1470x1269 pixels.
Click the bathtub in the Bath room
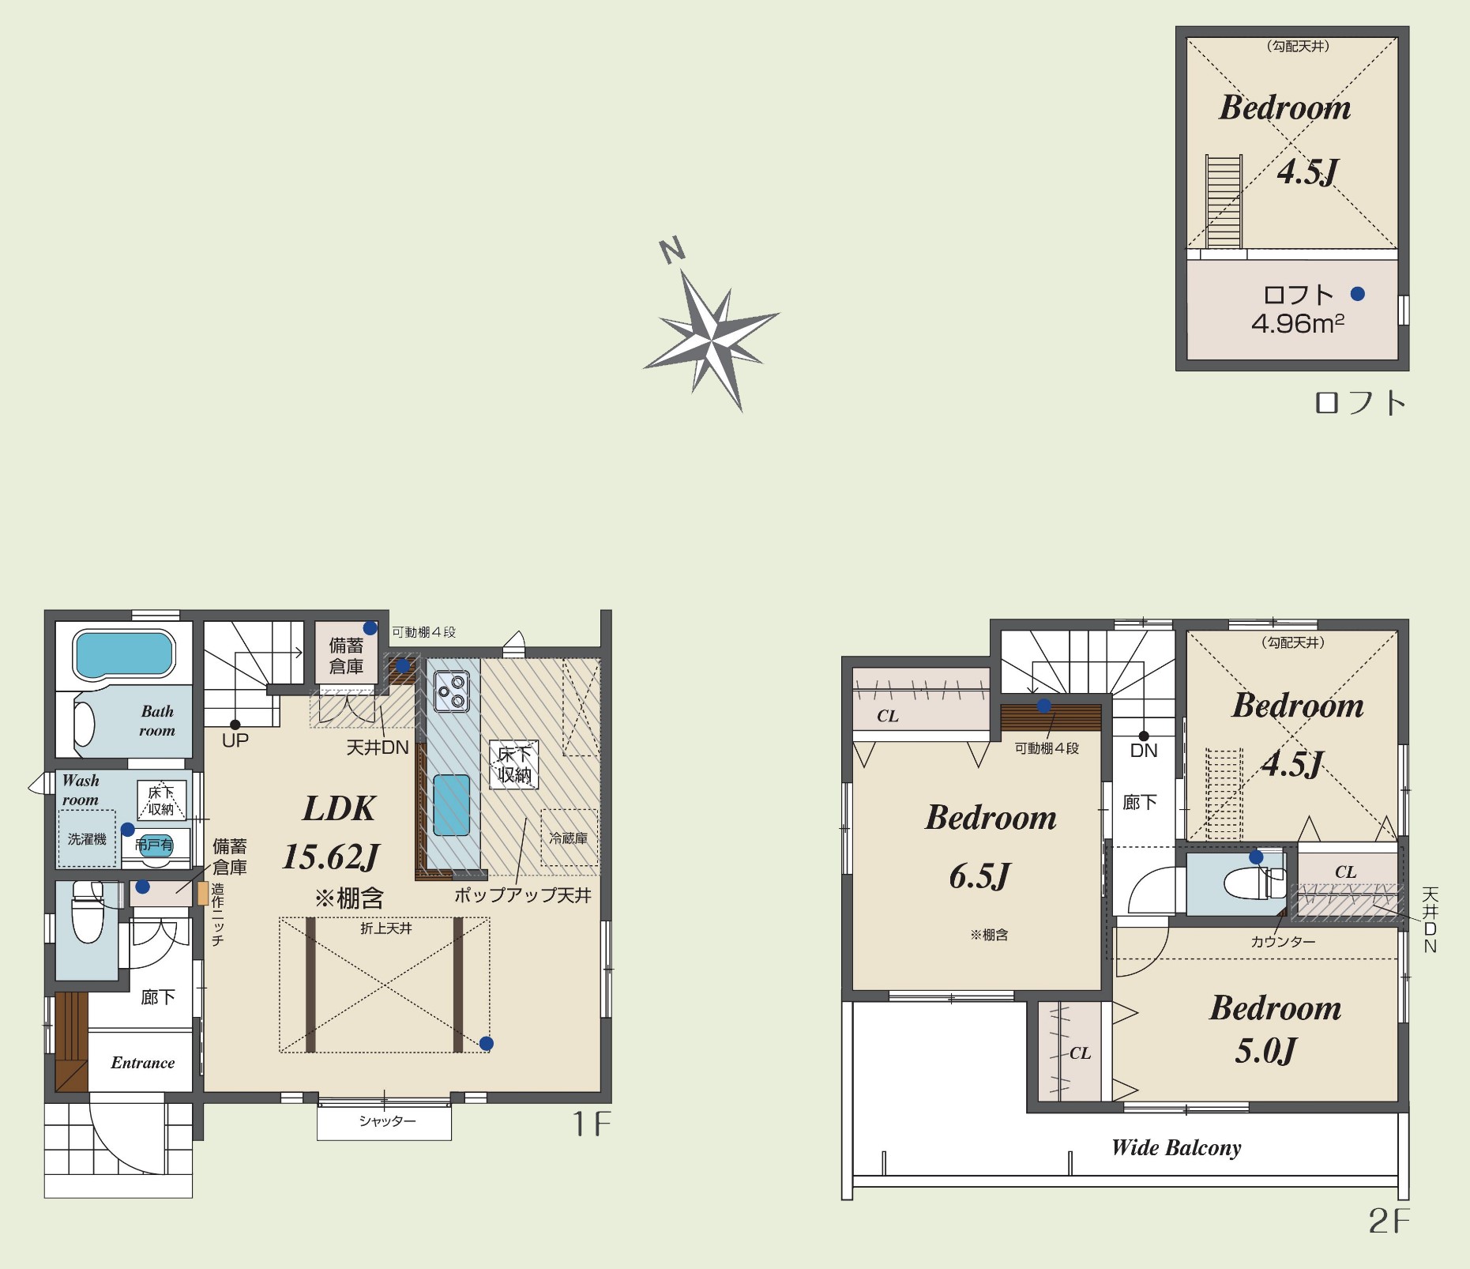124,653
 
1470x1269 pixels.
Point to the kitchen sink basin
452,805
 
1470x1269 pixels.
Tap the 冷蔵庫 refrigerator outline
569,837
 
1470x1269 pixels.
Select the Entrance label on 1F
143,1063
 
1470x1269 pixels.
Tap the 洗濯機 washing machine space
87,838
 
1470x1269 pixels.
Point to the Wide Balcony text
1176,1147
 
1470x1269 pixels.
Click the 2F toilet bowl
1248,883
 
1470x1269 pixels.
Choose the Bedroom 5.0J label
1274,1029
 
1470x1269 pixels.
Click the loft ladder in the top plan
1224,201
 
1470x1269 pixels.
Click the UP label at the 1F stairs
235,740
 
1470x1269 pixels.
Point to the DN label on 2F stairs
1144,751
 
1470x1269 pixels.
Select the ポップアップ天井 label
522,895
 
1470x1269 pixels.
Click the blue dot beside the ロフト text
1358,294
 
